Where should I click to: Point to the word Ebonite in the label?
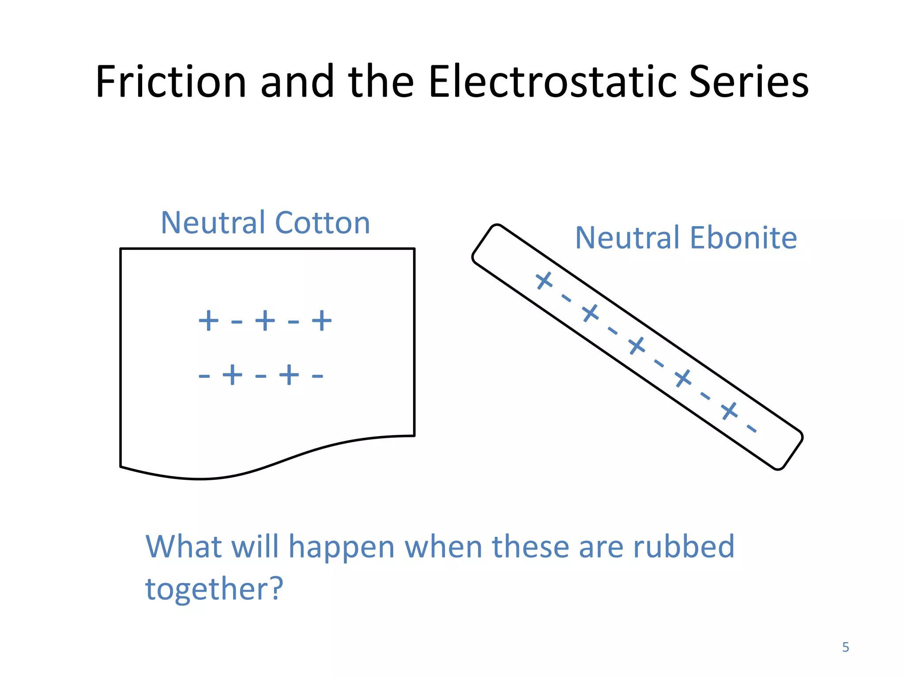click(743, 238)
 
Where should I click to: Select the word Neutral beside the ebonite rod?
click(627, 238)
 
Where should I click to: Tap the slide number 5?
click(845, 647)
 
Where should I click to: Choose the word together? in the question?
click(214, 589)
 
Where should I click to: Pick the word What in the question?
click(183, 547)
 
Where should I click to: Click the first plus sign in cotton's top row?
click(208, 320)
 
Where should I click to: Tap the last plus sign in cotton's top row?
click(322, 320)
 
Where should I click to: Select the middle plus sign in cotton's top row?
click(265, 320)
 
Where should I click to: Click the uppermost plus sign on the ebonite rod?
click(544, 280)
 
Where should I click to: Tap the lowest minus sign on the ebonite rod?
click(751, 428)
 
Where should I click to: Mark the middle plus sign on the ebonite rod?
click(637, 346)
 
